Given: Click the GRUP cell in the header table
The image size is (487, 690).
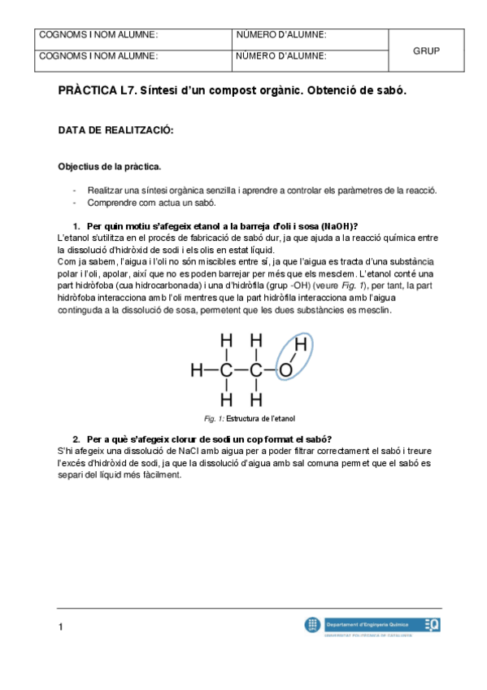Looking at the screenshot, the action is pyautogui.click(x=426, y=50).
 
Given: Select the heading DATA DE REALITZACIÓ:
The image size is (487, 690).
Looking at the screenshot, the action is pyautogui.click(x=115, y=130).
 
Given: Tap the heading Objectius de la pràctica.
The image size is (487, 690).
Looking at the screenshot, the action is pyautogui.click(x=109, y=166).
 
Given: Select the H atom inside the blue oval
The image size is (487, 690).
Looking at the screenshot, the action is pyautogui.click(x=300, y=345).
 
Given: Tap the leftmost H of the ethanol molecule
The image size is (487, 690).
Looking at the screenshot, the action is pyautogui.click(x=195, y=371).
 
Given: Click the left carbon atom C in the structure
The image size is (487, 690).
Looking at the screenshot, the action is pyautogui.click(x=227, y=371).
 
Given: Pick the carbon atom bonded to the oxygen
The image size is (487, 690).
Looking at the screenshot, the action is pyautogui.click(x=256, y=371).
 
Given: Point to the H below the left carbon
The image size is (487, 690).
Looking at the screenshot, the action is pyautogui.click(x=227, y=400).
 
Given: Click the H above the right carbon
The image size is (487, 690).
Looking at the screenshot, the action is pyautogui.click(x=256, y=341).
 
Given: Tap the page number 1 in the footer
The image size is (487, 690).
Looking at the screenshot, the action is pyautogui.click(x=60, y=627).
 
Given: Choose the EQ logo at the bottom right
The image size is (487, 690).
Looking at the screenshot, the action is pyautogui.click(x=433, y=624).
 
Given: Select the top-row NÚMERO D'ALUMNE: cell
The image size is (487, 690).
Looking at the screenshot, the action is pyautogui.click(x=281, y=35).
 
